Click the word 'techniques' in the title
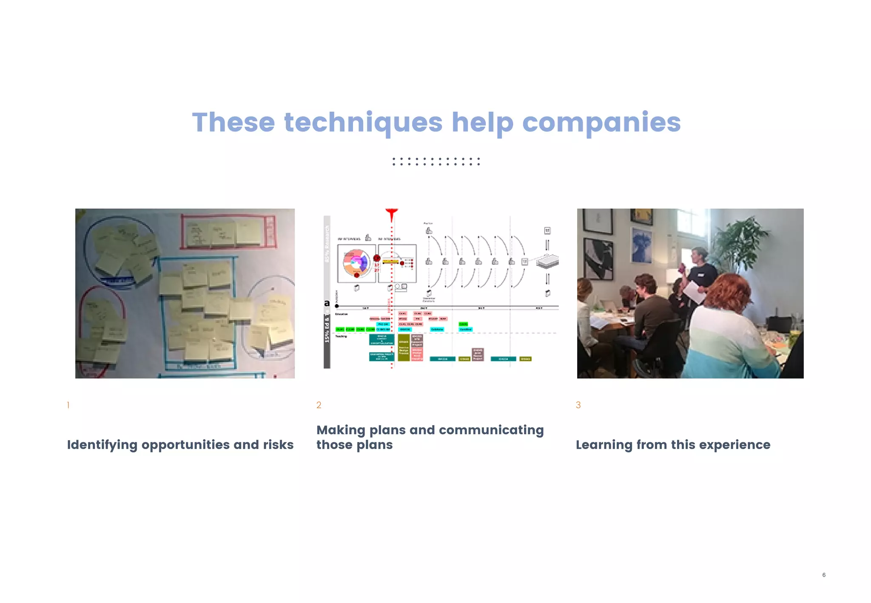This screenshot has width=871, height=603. [x=363, y=123]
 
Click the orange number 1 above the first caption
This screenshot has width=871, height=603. [x=68, y=405]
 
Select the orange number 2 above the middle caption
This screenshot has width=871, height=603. [x=319, y=405]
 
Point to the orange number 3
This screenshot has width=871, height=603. [x=578, y=405]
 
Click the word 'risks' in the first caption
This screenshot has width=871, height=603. [x=278, y=445]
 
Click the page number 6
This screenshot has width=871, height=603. [x=824, y=575]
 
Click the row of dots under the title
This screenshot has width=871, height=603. [x=436, y=162]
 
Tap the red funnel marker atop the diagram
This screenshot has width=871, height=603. [x=391, y=214]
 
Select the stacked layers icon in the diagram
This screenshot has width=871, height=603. [x=547, y=261]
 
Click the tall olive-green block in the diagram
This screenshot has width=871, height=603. [x=403, y=347]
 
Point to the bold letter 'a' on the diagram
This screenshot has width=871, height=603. [x=327, y=303]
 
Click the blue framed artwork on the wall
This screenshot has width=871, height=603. [x=641, y=245]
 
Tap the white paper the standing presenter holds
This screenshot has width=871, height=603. [x=692, y=292]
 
